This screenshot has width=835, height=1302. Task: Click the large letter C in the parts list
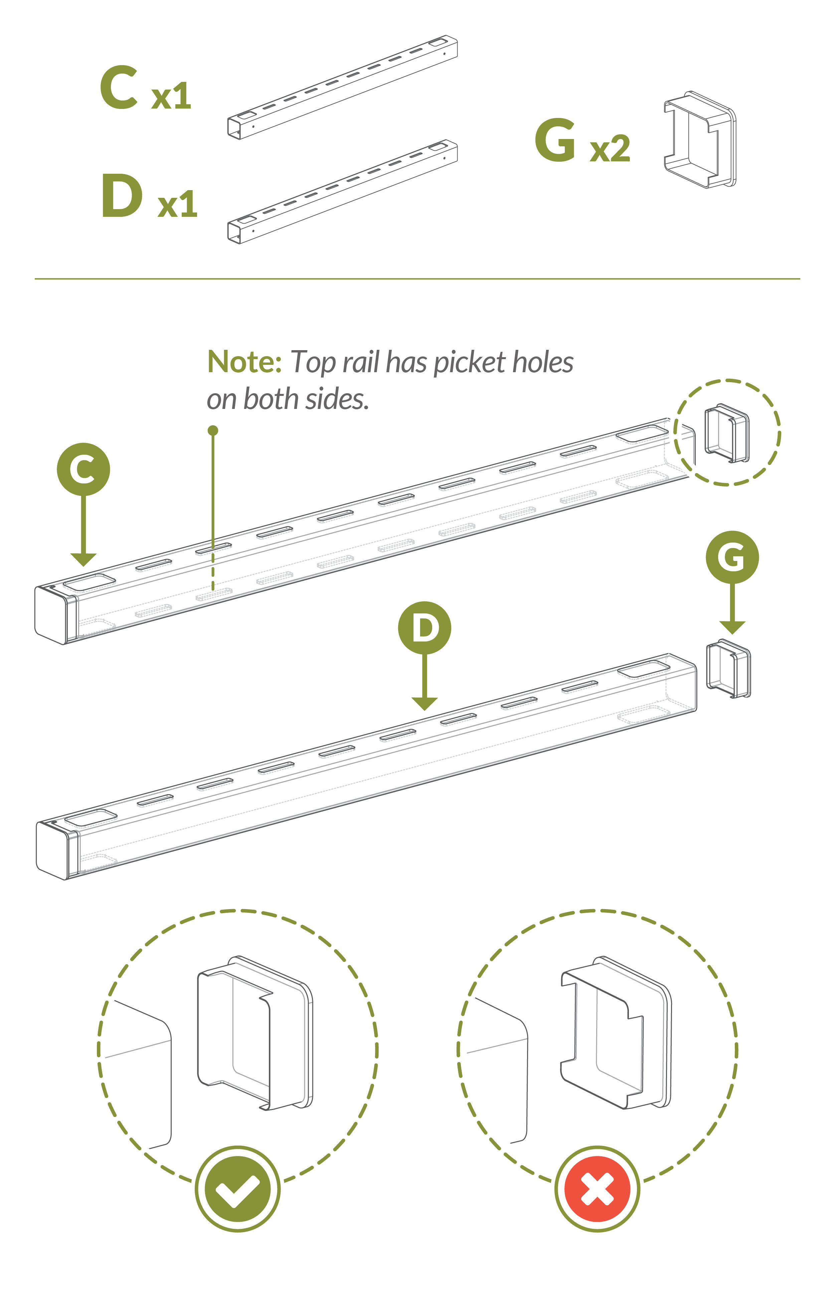coord(119,88)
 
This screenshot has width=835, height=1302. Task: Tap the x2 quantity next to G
coord(610,148)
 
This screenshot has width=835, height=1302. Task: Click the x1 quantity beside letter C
coord(171,97)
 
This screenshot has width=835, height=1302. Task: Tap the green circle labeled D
coord(425,627)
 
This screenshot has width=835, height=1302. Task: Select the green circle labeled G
coord(732,557)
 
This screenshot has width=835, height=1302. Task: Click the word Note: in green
coord(244,362)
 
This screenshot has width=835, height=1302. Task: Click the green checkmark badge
coord(237,1189)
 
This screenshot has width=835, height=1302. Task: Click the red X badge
coord(597,1189)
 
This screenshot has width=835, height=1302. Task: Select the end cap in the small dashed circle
coord(726,433)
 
